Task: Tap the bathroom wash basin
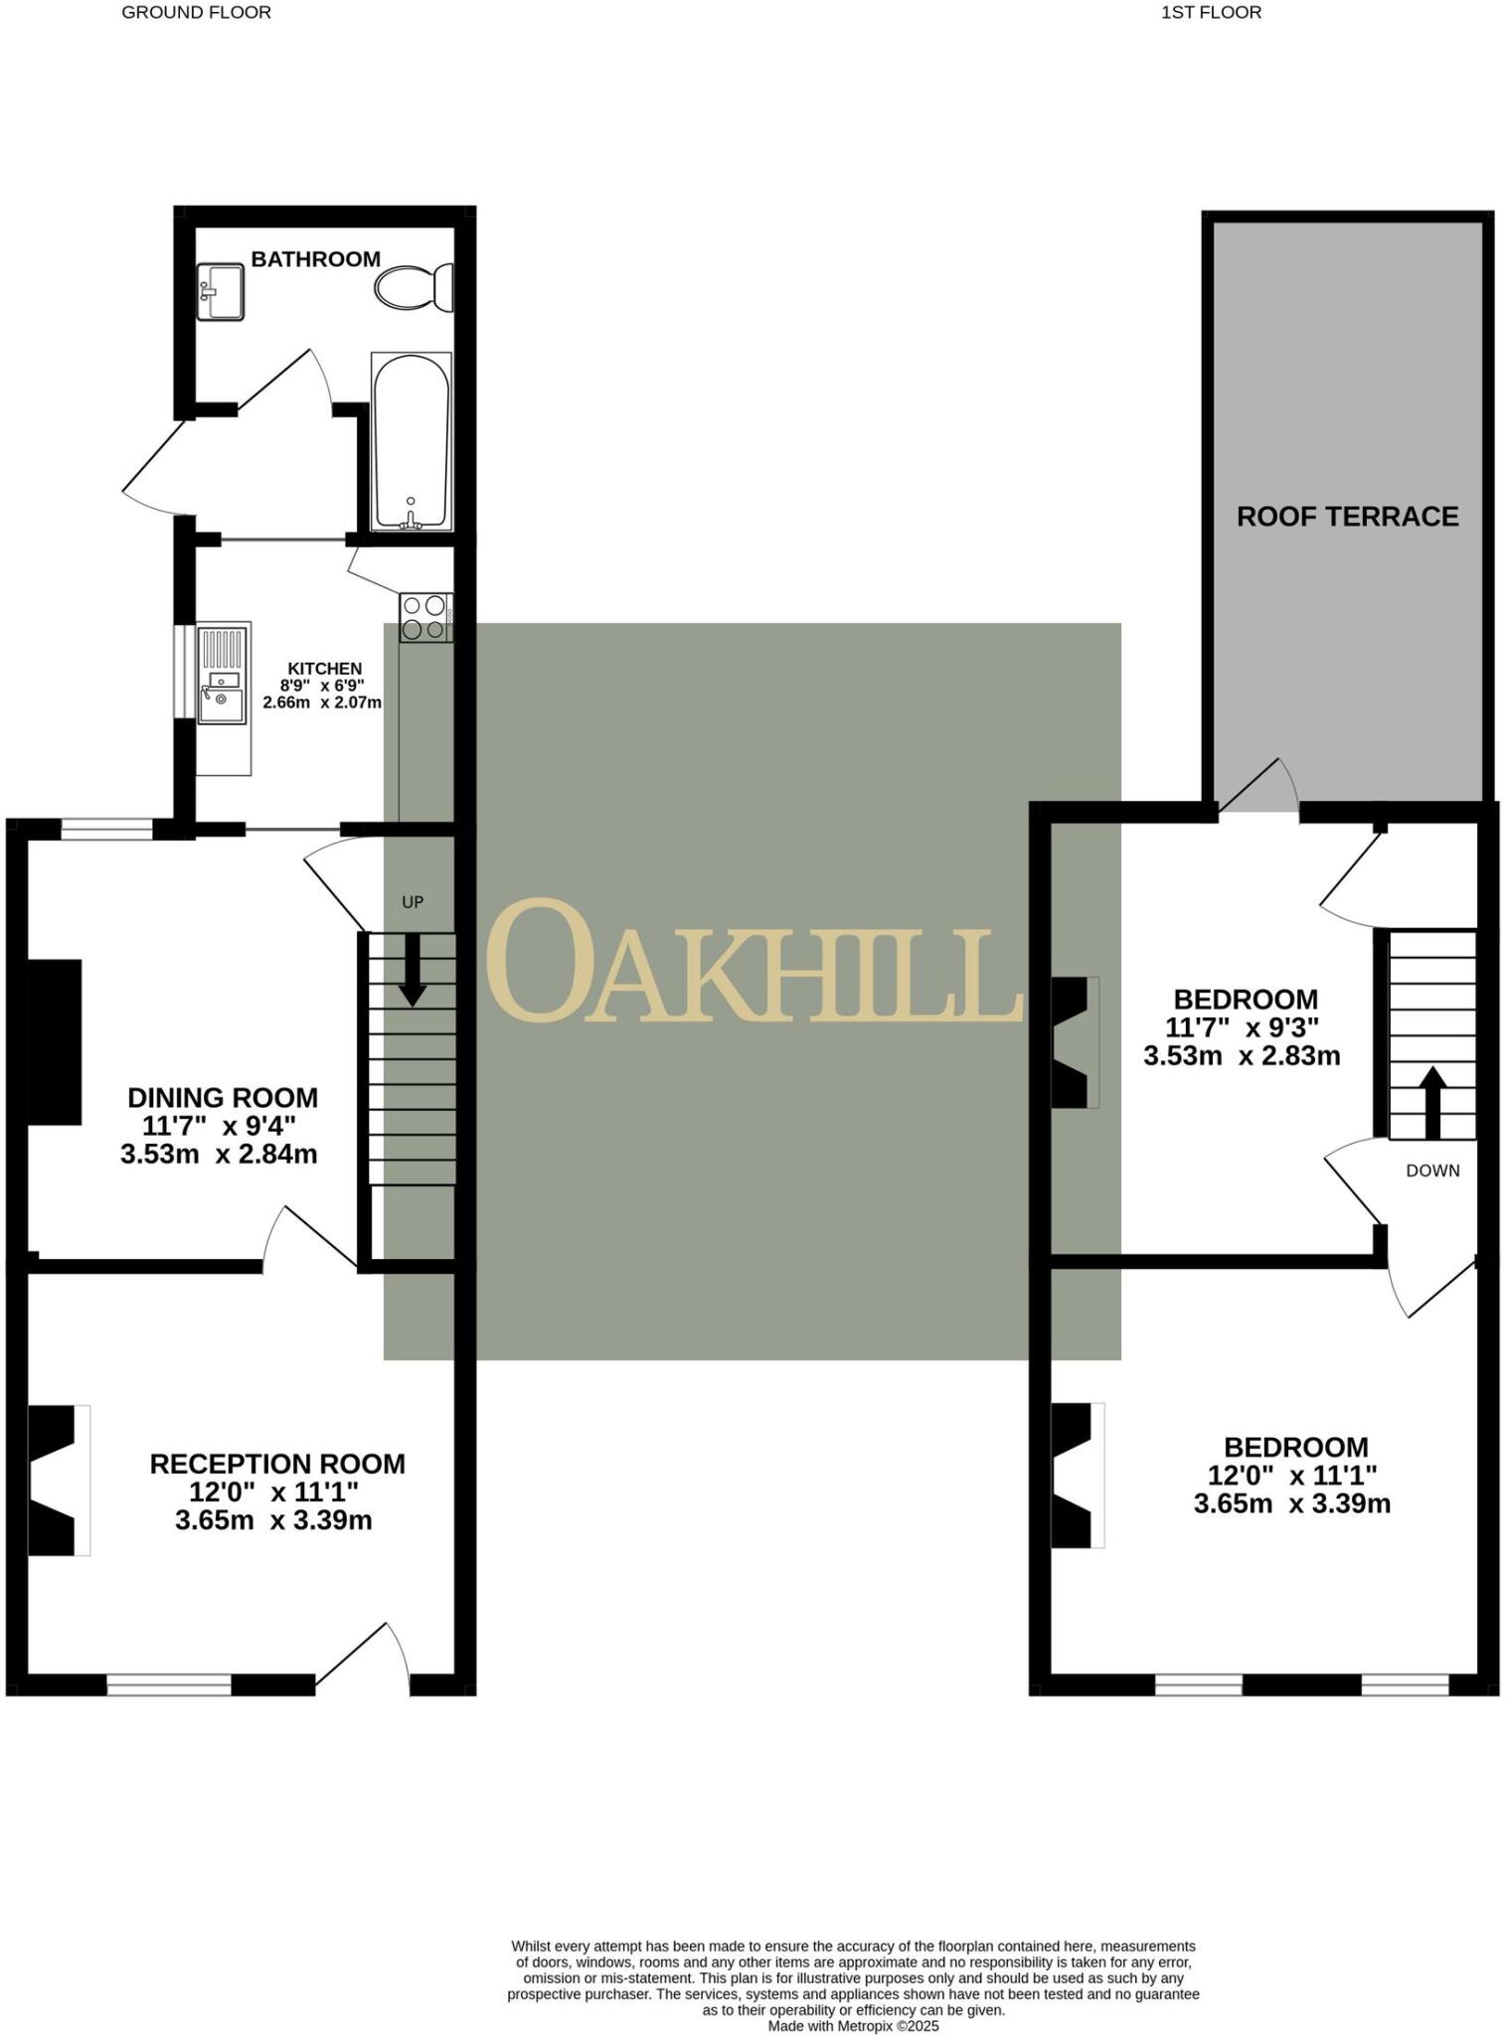220,291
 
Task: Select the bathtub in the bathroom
411,440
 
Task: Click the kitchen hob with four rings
425,616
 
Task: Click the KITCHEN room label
325,669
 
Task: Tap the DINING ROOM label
223,1098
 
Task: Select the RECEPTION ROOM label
277,1464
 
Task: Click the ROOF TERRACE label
1347,517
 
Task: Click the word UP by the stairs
413,902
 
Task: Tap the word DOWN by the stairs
1432,1171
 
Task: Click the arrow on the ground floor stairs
413,970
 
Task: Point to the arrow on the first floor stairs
1431,1101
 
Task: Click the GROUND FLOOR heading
196,13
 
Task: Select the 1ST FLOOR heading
1211,13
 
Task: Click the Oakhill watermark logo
753,962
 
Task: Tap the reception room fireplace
56,1481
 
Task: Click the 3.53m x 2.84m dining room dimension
219,1155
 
